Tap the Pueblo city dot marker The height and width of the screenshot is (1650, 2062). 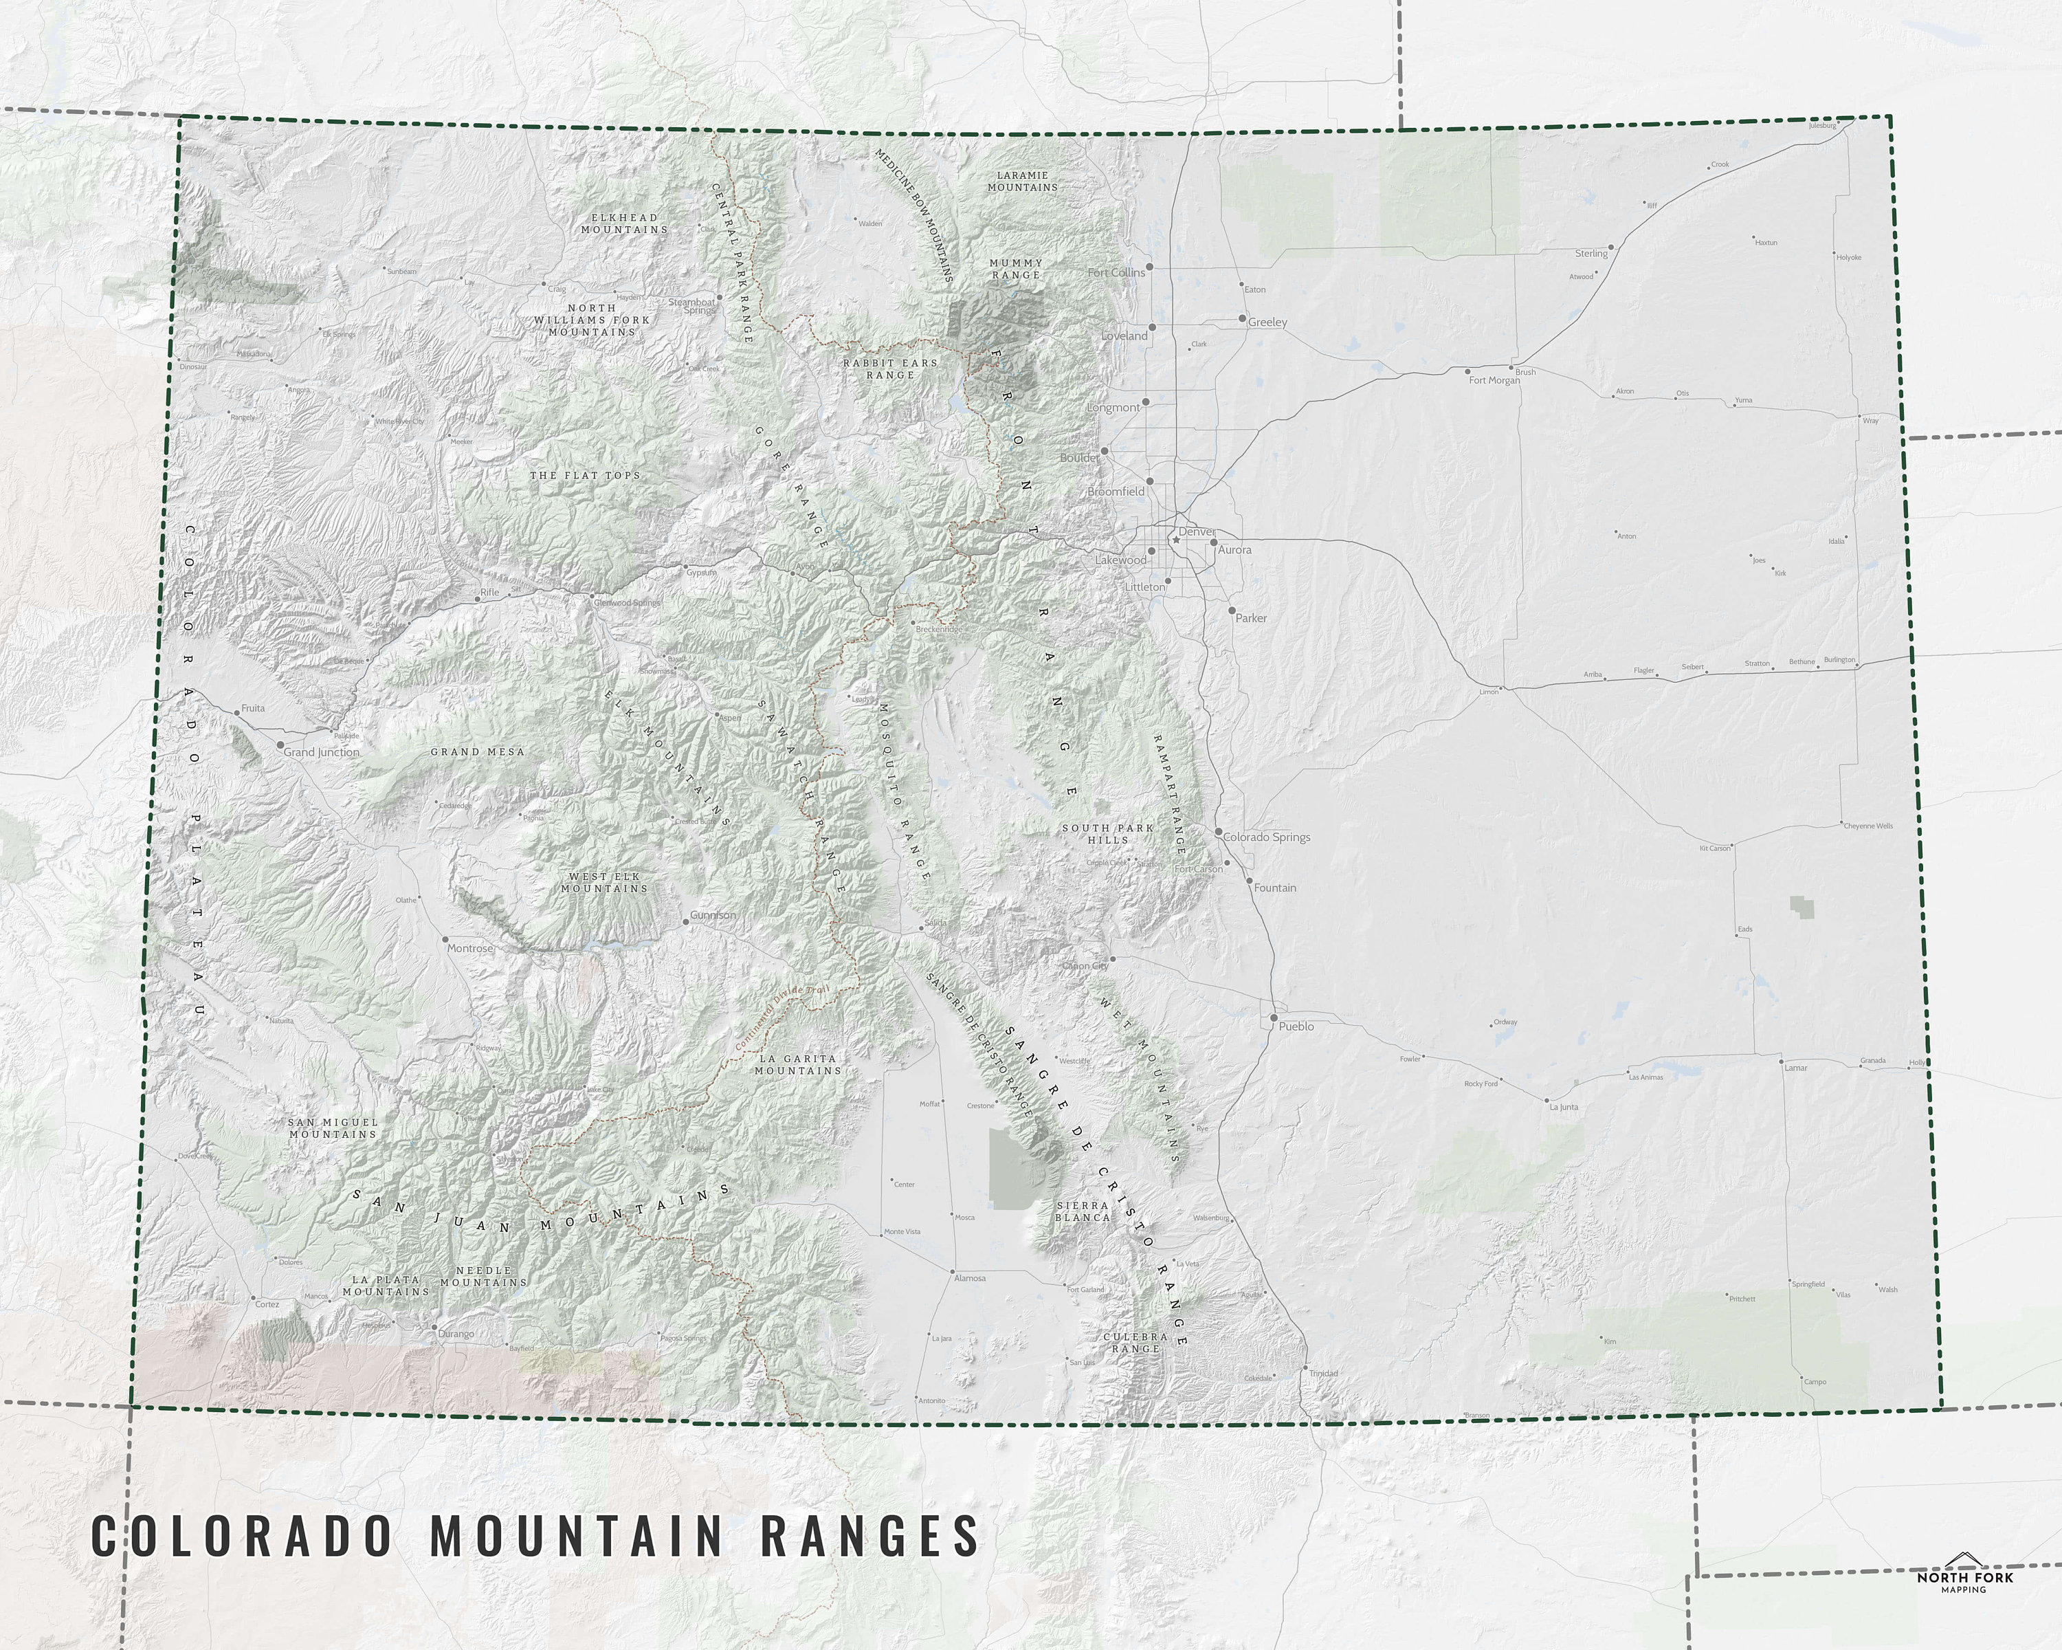(1274, 1017)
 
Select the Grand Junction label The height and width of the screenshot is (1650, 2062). (322, 753)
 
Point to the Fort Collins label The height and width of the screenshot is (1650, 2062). (1116, 273)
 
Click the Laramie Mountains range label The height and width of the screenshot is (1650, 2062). (1022, 181)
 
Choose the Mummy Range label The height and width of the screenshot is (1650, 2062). (1016, 269)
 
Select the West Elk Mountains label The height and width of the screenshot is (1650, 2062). (604, 882)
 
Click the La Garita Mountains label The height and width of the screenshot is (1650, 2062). (797, 1065)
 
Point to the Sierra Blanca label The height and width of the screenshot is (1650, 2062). (1083, 1212)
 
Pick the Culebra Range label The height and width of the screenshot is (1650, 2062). (1135, 1342)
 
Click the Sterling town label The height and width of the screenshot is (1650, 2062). (1591, 254)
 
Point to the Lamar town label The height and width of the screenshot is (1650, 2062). (1795, 1068)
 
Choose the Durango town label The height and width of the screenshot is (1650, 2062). (456, 1333)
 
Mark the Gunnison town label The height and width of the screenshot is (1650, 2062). (713, 915)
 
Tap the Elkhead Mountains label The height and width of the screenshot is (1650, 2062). (623, 224)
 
